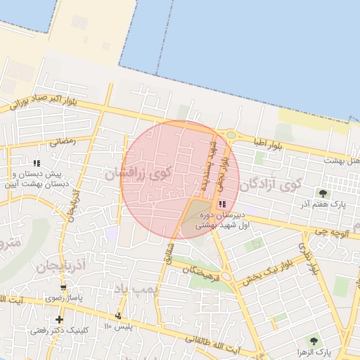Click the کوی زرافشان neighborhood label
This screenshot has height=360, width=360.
pyautogui.click(x=138, y=171)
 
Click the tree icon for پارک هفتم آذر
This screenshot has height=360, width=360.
pyautogui.click(x=323, y=193)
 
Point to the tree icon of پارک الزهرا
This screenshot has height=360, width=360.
pyautogui.click(x=313, y=340)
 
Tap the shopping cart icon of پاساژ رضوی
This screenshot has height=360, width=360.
pyautogui.click(x=64, y=288)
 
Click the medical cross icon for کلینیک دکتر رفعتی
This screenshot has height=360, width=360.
pyautogui.click(x=58, y=320)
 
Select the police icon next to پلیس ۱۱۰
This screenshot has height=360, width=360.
pyautogui.click(x=118, y=316)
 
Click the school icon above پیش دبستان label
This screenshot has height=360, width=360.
pyautogui.click(x=37, y=163)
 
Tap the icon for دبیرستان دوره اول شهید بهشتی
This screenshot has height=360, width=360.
pyautogui.click(x=223, y=203)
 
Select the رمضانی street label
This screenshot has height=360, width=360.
pyautogui.click(x=62, y=141)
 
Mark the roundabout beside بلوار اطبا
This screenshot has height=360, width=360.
pyautogui.click(x=230, y=135)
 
